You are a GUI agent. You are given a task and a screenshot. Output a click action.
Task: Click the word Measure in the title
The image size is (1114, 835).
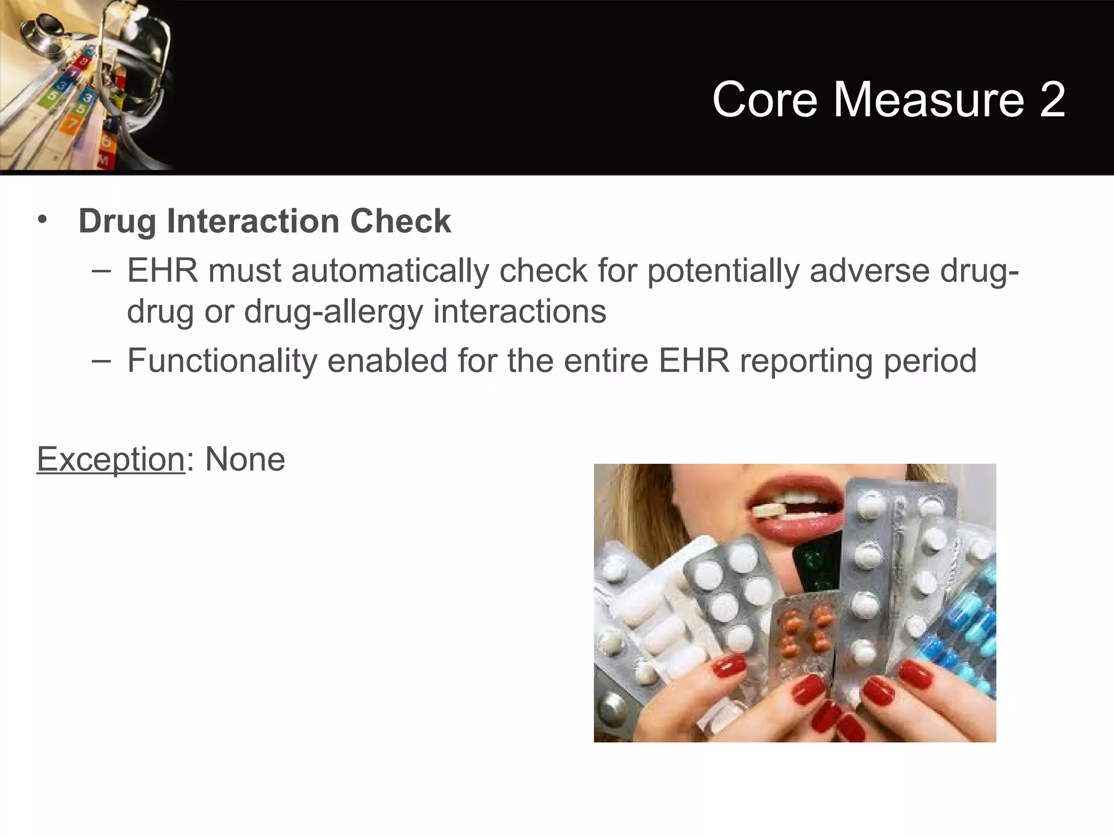(929, 99)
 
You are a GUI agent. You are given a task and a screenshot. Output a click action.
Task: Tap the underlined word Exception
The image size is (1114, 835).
(111, 459)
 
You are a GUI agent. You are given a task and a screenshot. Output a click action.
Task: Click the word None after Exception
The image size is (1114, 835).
(245, 459)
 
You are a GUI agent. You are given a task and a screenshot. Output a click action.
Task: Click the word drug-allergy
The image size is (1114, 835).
(333, 312)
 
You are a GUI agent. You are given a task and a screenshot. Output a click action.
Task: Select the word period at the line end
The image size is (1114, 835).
(930, 360)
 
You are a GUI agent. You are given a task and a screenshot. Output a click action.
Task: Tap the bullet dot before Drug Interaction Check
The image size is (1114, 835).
(42, 220)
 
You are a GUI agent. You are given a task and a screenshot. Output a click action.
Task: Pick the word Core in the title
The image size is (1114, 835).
(764, 99)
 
